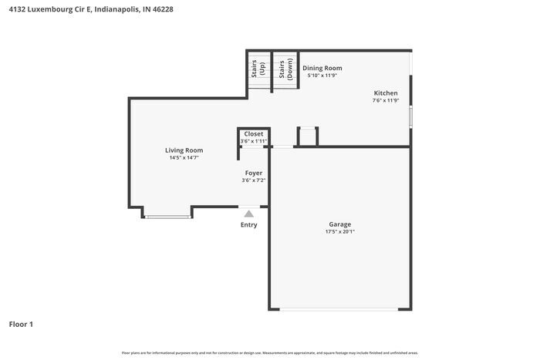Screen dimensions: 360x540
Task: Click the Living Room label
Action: [x=184, y=150]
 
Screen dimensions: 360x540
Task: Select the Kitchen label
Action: [x=386, y=93]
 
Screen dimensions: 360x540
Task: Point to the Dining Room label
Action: [x=322, y=68]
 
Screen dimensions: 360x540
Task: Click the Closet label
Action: [x=253, y=134]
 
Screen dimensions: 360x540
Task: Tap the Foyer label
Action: [x=253, y=173]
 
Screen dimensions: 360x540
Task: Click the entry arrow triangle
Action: [x=248, y=214]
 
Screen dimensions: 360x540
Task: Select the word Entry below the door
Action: [x=248, y=225]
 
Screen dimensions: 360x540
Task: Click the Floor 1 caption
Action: [x=21, y=325]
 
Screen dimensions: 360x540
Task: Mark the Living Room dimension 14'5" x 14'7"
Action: [x=184, y=158]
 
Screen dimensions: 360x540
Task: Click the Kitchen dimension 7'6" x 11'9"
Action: [x=386, y=100]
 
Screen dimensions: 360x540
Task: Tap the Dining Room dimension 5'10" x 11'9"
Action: [x=322, y=76]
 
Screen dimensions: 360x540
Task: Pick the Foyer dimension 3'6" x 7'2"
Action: [x=253, y=180]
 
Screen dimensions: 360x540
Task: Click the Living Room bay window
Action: [x=167, y=217]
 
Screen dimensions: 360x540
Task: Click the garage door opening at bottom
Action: [x=339, y=310]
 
